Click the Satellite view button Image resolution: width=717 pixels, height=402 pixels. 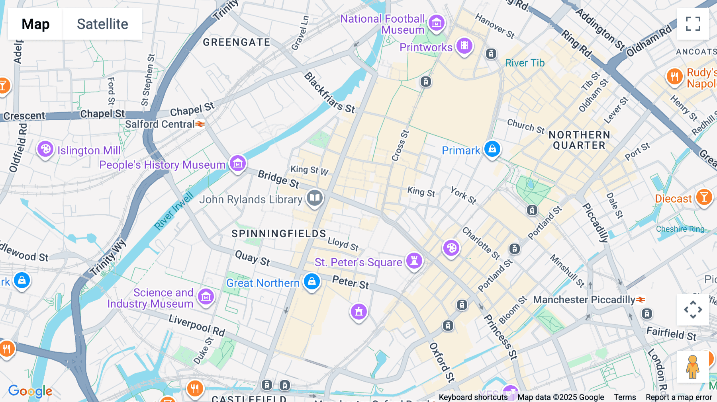pos(102,24)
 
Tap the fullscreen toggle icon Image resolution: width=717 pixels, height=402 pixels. pos(693,24)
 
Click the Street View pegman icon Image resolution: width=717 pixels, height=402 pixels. pos(693,367)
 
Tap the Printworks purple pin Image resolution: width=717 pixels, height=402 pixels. pos(464,46)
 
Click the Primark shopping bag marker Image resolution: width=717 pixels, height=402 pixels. pos(492,149)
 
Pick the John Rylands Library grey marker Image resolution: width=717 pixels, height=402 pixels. pos(315,197)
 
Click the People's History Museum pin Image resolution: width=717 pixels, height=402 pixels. pos(238,163)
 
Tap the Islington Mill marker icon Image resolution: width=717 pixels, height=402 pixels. pos(45,149)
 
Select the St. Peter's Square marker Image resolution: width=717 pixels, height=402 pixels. pos(414,261)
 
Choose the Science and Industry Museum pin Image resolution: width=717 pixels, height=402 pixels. pos(206,297)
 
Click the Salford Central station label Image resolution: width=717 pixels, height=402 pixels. pos(160,124)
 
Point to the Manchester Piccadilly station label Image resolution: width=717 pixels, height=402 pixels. pos(584,300)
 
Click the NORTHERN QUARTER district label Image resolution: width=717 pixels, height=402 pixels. pos(579,140)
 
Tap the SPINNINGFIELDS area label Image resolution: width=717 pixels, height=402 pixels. pos(279,234)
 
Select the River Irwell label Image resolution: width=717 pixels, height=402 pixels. pos(174,211)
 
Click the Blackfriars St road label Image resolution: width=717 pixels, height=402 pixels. pos(329,93)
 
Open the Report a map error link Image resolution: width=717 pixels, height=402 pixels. pos(679,397)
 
